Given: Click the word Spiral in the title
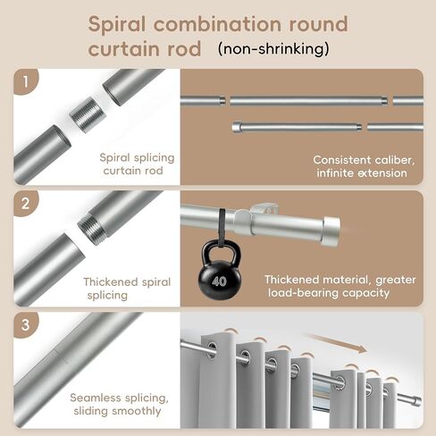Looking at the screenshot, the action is click(117, 25).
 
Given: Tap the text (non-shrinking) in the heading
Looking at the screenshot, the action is click(273, 49).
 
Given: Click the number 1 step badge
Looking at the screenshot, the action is click(26, 81).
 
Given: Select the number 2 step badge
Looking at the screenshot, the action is click(26, 204).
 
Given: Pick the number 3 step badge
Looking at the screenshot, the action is click(26, 324).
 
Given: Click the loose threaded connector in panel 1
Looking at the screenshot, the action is click(88, 114).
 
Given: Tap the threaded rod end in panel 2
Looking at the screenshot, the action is click(91, 230).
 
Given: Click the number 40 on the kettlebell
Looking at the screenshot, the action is click(219, 281).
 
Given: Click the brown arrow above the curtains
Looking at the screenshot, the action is click(336, 343).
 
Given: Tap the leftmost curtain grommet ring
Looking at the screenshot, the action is click(212, 349).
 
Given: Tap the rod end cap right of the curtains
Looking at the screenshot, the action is click(417, 401).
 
